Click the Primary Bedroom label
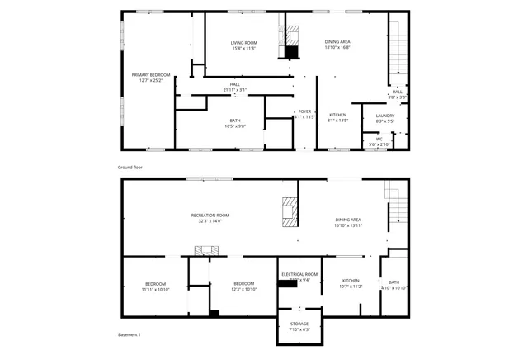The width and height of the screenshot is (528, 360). point(148,74)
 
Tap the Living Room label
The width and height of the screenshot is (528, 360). point(243,42)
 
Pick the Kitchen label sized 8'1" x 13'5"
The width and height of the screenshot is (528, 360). point(338,115)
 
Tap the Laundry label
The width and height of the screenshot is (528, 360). point(385,115)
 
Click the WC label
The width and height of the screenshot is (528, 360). point(379,139)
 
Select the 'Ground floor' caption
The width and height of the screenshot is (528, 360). point(130,167)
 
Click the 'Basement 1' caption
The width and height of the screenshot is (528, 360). point(129,334)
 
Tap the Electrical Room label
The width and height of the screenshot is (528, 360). point(299,273)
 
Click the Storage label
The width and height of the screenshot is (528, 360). point(299,324)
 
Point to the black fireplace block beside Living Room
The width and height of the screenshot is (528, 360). point(291,52)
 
